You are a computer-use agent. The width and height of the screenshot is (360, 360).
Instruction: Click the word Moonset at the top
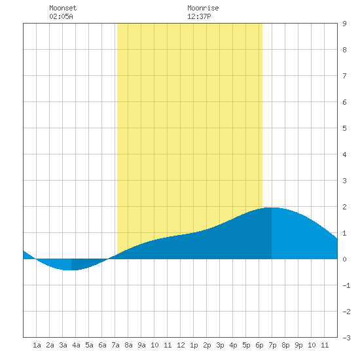click(x=63, y=8)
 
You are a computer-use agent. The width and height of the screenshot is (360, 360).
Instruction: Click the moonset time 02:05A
click(x=61, y=16)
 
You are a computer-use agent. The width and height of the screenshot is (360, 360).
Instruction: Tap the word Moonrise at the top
click(x=203, y=8)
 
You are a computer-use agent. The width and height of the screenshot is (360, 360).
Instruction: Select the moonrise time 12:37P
click(x=199, y=16)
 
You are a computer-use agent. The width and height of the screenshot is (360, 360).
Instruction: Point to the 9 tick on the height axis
click(x=344, y=24)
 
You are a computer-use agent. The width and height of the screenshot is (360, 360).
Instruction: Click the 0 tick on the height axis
click(x=344, y=259)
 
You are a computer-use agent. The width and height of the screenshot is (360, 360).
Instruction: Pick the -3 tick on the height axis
click(x=346, y=338)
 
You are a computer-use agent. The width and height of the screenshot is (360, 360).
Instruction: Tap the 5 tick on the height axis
click(x=344, y=128)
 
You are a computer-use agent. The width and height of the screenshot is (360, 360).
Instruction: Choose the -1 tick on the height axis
click(x=346, y=285)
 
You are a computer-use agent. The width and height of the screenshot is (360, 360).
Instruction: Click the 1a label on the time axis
click(x=37, y=345)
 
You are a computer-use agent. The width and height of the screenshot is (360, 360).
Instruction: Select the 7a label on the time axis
click(x=115, y=345)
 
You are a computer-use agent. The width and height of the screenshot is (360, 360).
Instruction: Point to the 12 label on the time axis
click(x=181, y=345)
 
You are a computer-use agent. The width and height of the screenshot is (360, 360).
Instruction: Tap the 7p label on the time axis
click(x=272, y=345)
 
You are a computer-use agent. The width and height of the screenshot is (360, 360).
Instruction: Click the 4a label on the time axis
click(x=76, y=345)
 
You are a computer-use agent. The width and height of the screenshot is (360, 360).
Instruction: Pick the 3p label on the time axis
click(x=220, y=345)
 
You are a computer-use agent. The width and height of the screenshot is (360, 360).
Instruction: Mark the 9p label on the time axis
click(x=298, y=345)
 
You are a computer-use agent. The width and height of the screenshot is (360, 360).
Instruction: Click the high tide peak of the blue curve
click(x=272, y=207)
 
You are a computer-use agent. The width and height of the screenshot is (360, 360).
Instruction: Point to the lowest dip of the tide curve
click(x=69, y=270)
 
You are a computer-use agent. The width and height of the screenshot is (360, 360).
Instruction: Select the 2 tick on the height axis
click(x=344, y=207)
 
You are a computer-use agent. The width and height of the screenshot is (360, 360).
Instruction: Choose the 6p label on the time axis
click(x=259, y=345)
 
